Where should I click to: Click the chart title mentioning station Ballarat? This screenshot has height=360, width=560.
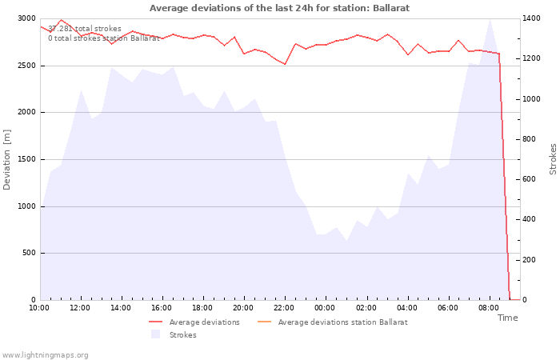[279, 8]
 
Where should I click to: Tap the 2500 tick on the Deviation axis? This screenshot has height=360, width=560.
[26, 66]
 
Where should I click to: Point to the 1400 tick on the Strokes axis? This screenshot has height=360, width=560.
[531, 18]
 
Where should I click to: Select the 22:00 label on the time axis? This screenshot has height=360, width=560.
[284, 308]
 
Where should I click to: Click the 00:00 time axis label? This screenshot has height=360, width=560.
[325, 308]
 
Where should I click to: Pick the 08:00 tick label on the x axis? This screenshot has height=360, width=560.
[489, 308]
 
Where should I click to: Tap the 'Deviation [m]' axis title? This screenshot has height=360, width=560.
[6, 159]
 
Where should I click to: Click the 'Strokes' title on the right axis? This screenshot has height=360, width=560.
[553, 159]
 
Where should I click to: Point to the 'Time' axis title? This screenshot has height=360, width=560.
[507, 318]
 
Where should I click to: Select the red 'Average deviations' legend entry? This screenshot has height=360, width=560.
[194, 322]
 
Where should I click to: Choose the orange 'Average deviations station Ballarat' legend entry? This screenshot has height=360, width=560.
[333, 322]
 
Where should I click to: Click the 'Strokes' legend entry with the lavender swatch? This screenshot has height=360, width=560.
[174, 335]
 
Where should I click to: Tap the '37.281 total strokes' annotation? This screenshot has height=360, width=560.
[85, 29]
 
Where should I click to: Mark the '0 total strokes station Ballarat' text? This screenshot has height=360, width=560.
[103, 38]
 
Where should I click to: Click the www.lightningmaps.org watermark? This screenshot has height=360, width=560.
[44, 355]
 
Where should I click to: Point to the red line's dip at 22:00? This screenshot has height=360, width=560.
[285, 64]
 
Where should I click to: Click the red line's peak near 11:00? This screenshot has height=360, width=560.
[61, 20]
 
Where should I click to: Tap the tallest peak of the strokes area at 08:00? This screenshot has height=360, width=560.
[490, 19]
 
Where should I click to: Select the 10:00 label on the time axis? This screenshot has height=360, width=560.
[39, 308]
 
